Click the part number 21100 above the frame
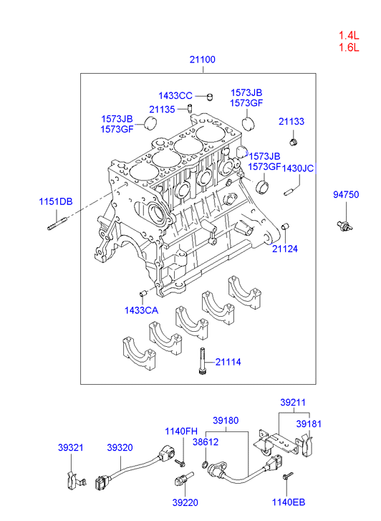point(202,59)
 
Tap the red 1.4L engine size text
point(349,35)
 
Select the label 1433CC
point(175,96)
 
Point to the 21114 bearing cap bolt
point(203,361)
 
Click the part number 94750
point(346,194)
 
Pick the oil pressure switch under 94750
point(344,226)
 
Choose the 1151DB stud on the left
point(57,223)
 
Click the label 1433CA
point(141,310)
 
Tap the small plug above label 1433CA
point(143,293)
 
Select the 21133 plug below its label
point(294,142)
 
